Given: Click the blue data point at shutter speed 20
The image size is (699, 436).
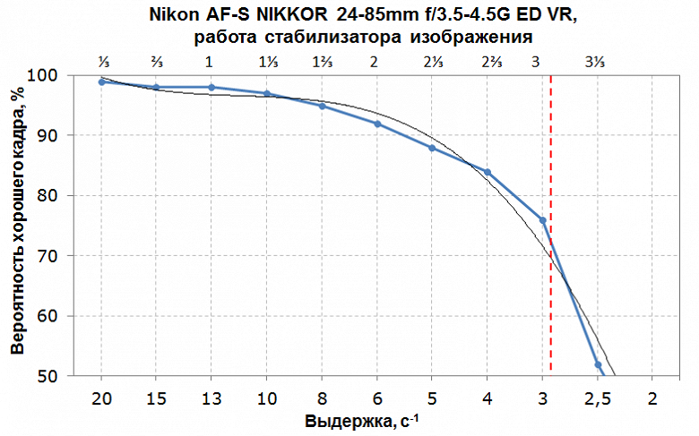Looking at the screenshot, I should [102, 81].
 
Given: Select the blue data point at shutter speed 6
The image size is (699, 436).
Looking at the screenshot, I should [377, 124].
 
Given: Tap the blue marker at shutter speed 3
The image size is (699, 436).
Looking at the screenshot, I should [542, 219].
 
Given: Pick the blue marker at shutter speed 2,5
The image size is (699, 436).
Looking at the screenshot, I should [598, 364].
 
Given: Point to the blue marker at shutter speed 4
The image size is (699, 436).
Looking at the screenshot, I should [488, 172].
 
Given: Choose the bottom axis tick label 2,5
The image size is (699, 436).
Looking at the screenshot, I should [597, 398].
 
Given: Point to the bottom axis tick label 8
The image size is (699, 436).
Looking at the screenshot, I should [322, 398].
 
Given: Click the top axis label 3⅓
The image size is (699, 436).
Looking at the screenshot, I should [595, 62].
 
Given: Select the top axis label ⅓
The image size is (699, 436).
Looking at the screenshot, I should [102, 62].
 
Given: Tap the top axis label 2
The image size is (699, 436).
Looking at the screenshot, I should [375, 62].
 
